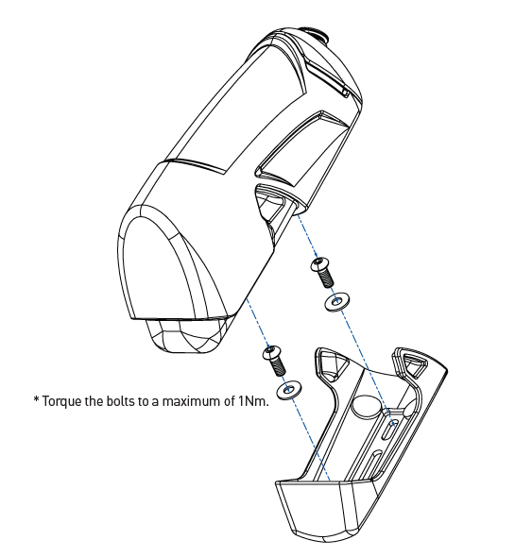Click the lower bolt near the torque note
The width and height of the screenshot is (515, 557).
274,361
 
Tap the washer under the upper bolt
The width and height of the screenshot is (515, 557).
336,302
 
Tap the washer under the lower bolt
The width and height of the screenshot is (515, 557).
288,391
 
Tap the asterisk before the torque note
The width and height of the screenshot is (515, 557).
36,399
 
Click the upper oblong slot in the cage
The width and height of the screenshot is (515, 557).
390,428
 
